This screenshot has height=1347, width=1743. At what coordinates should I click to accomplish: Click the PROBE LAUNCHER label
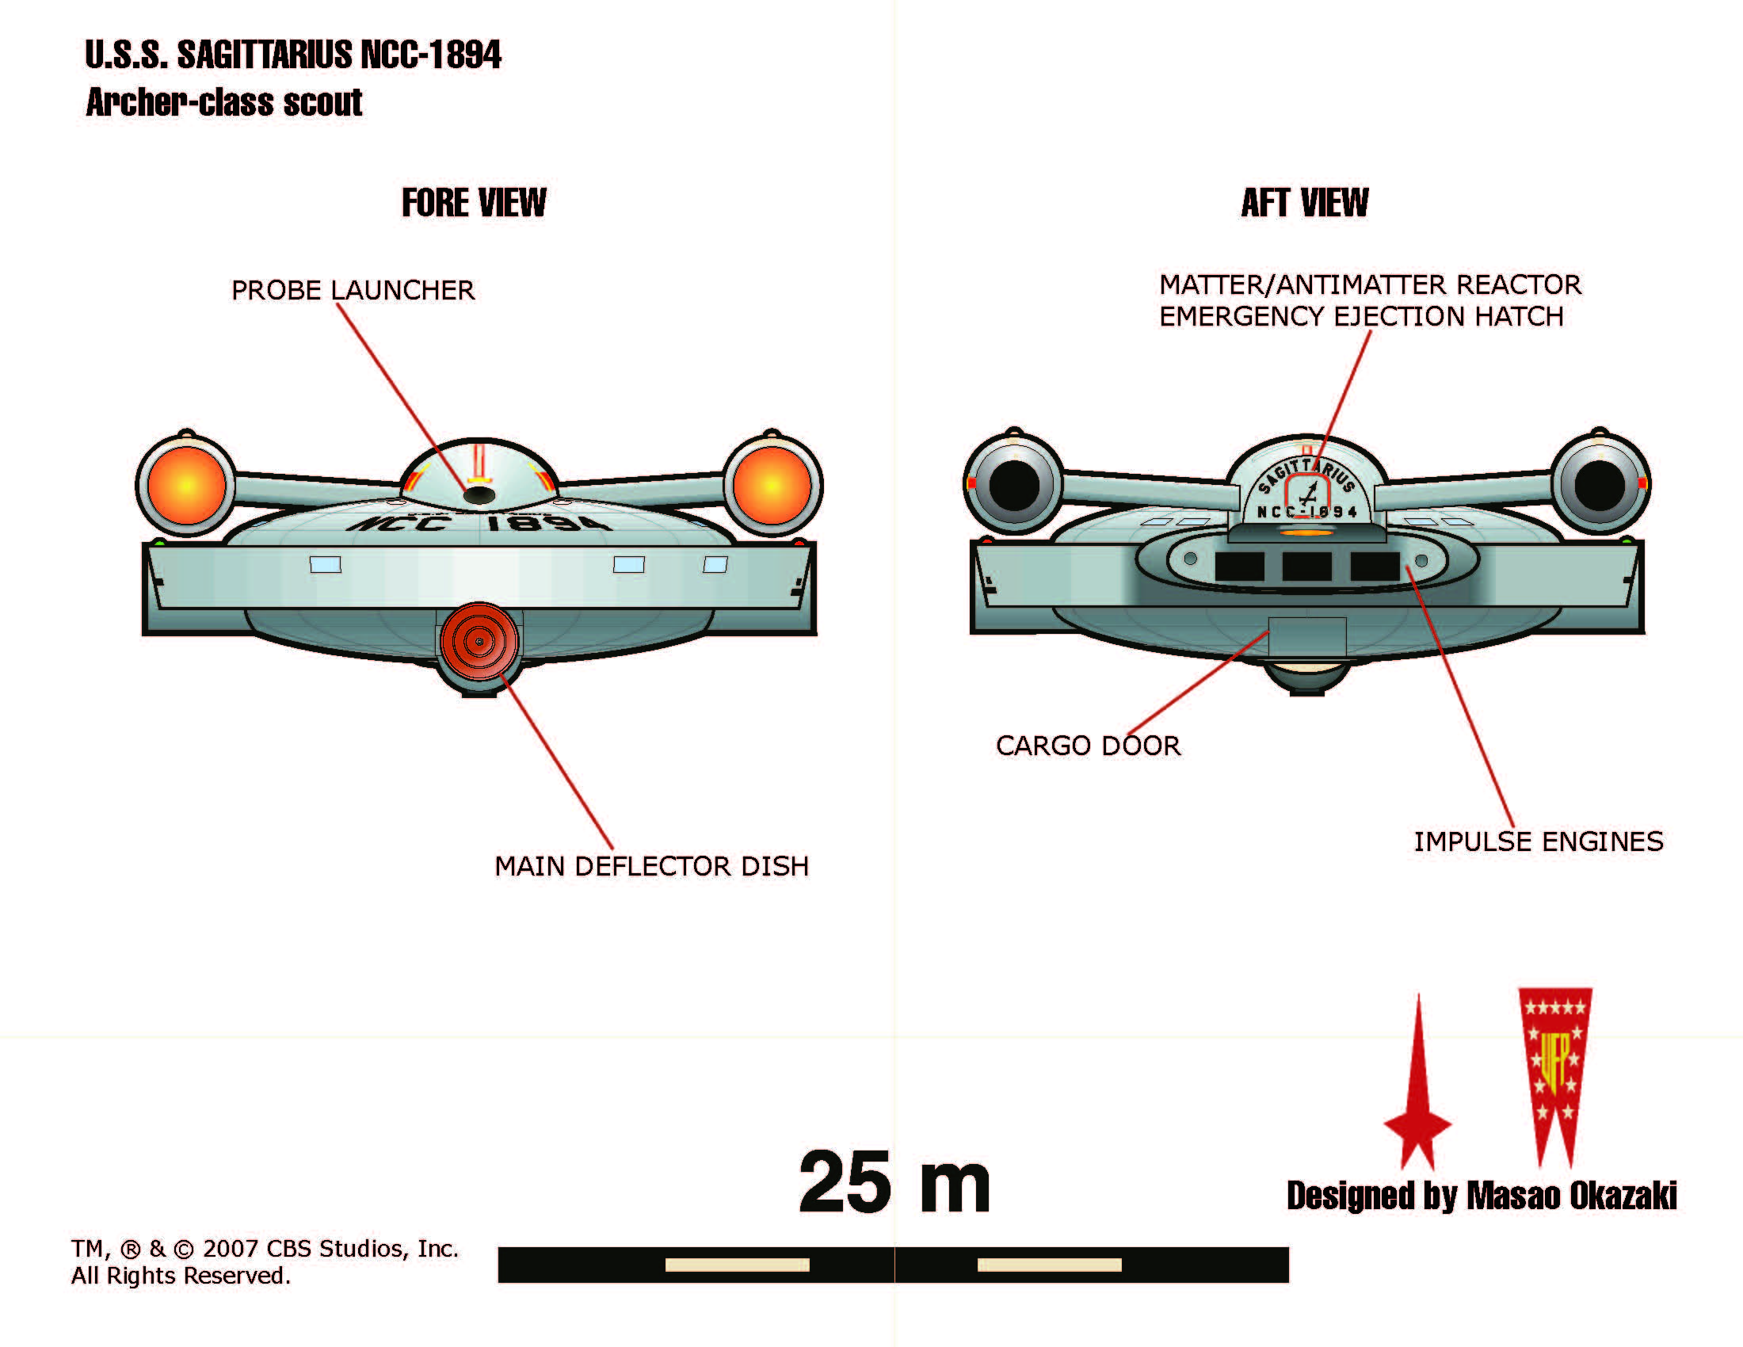coord(353,290)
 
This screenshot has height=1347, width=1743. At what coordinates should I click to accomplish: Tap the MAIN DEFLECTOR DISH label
coord(651,866)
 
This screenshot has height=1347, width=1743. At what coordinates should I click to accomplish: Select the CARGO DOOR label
coord(1088,746)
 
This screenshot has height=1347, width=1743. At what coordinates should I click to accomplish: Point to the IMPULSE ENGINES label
coord(1538,841)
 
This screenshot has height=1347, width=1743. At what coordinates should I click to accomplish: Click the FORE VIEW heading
coord(474,203)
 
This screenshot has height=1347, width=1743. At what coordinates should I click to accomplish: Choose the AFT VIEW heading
coord(1304,203)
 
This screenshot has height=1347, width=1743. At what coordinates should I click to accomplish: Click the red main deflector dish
coord(479,641)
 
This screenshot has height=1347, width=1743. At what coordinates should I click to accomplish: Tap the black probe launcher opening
coord(479,495)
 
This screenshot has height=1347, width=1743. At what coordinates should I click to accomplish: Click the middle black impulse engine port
coord(1306,566)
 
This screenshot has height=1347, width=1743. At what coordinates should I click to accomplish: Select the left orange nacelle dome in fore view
coord(187,484)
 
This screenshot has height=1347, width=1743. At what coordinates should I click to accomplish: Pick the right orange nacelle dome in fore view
coord(772,484)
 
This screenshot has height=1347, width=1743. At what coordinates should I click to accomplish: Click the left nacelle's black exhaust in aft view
coord(1013,484)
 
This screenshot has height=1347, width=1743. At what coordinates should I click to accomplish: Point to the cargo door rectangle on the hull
coord(1306,637)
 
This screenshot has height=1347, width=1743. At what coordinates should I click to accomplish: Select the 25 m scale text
coord(894,1183)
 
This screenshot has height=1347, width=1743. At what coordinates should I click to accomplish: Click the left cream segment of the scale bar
coord(737,1265)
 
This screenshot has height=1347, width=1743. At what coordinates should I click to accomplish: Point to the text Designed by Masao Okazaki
coord(1482,1196)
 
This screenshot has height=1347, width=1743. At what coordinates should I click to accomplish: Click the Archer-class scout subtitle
coord(224,102)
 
